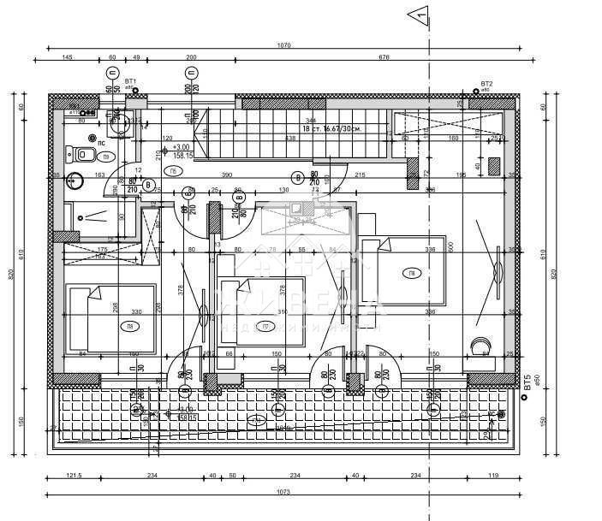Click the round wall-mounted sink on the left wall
75,181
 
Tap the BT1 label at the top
130,81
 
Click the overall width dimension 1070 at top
284,45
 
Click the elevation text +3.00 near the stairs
180,146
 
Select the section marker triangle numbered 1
418,13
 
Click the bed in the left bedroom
111,318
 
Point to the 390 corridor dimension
226,175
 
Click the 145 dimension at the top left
67,57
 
